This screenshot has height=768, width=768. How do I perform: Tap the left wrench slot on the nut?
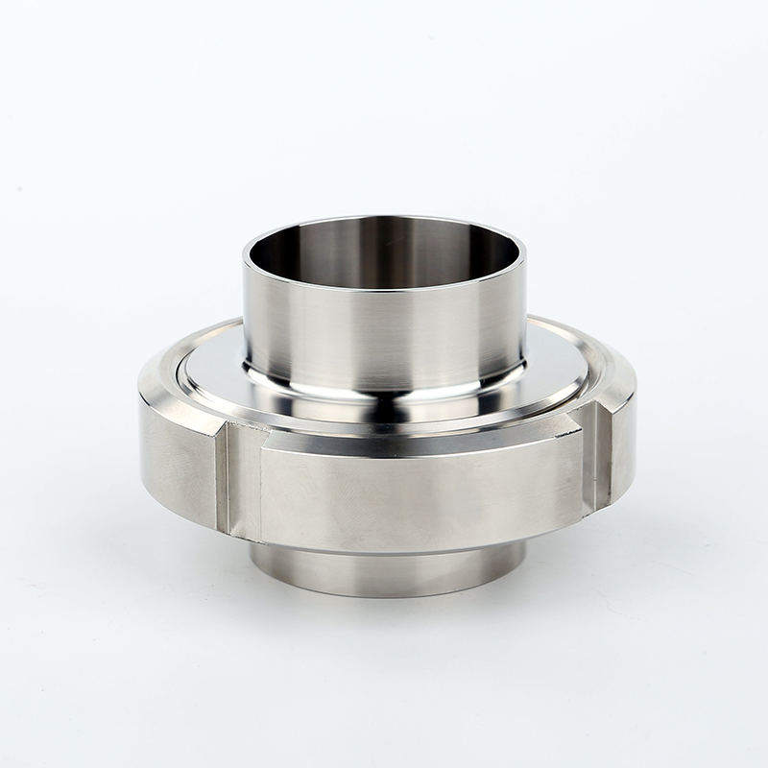[238, 480]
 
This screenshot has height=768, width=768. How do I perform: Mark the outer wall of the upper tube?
[384, 336]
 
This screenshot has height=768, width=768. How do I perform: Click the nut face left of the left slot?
[178, 461]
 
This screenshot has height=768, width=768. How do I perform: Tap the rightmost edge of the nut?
[635, 422]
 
